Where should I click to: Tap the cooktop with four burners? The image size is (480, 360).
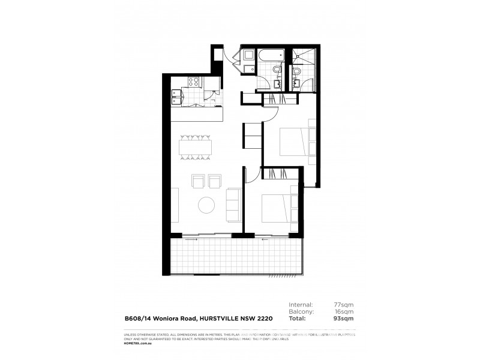pos(195,83)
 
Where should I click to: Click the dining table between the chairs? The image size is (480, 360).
pos(196,148)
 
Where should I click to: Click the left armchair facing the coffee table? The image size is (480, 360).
pos(197,180)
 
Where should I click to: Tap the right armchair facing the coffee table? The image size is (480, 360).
pos(214,180)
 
